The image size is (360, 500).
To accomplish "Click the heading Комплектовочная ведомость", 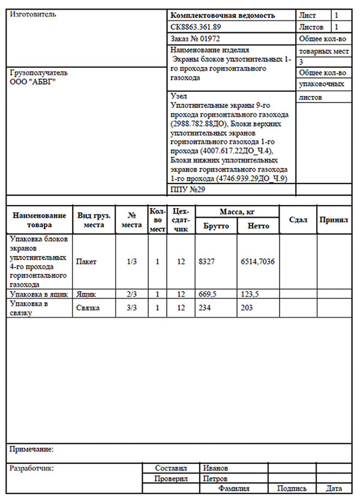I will pyautogui.click(x=223, y=16).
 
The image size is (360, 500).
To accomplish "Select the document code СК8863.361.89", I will pyautogui.click(x=196, y=27).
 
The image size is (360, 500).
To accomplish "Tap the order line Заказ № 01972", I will pyautogui.click(x=196, y=38).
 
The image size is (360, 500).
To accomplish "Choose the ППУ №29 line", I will pyautogui.click(x=188, y=189).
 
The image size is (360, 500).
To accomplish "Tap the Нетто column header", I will pyautogui.click(x=258, y=226).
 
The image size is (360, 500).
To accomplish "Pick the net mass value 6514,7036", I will pyautogui.click(x=257, y=261).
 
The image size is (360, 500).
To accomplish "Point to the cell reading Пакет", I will pyautogui.click(x=86, y=261).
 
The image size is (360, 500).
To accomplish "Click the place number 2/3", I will pyautogui.click(x=132, y=294).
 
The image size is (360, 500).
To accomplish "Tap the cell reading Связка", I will pyautogui.click(x=88, y=308).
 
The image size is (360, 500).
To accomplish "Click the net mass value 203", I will pyautogui.click(x=247, y=308).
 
